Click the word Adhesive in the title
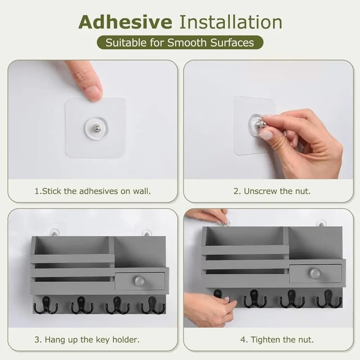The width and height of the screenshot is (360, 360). click(125, 22)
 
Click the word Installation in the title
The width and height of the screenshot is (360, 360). click(231, 22)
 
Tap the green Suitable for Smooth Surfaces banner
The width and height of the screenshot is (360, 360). click(180, 43)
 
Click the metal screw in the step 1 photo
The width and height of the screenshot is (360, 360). click(97, 127)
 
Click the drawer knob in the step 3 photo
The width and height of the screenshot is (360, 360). click(140, 281)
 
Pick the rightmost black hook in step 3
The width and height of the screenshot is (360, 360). click(153, 305)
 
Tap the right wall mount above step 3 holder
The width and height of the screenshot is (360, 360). click(147, 233)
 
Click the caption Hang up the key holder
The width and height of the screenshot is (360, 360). click(87, 340)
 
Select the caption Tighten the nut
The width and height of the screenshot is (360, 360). click(277, 340)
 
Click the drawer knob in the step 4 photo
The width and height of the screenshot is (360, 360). click(315, 273)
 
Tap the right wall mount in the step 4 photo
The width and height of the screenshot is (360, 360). click(321, 224)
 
